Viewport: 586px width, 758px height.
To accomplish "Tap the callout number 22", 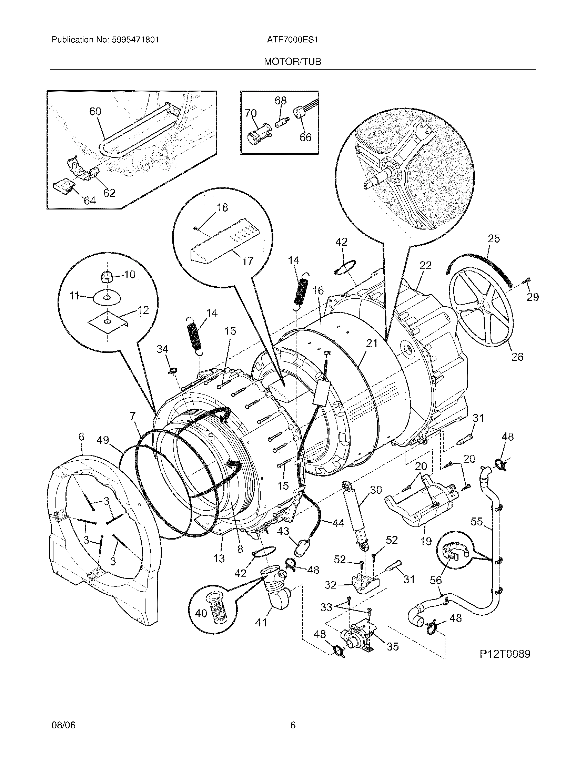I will [425, 266].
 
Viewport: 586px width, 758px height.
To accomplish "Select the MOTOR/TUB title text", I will [292, 62].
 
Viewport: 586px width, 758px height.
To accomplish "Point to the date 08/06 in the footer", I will [63, 725].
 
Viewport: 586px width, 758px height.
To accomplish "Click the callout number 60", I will [95, 111].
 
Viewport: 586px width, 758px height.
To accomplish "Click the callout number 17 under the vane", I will [247, 261].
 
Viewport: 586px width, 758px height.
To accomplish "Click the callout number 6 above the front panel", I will [81, 437].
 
